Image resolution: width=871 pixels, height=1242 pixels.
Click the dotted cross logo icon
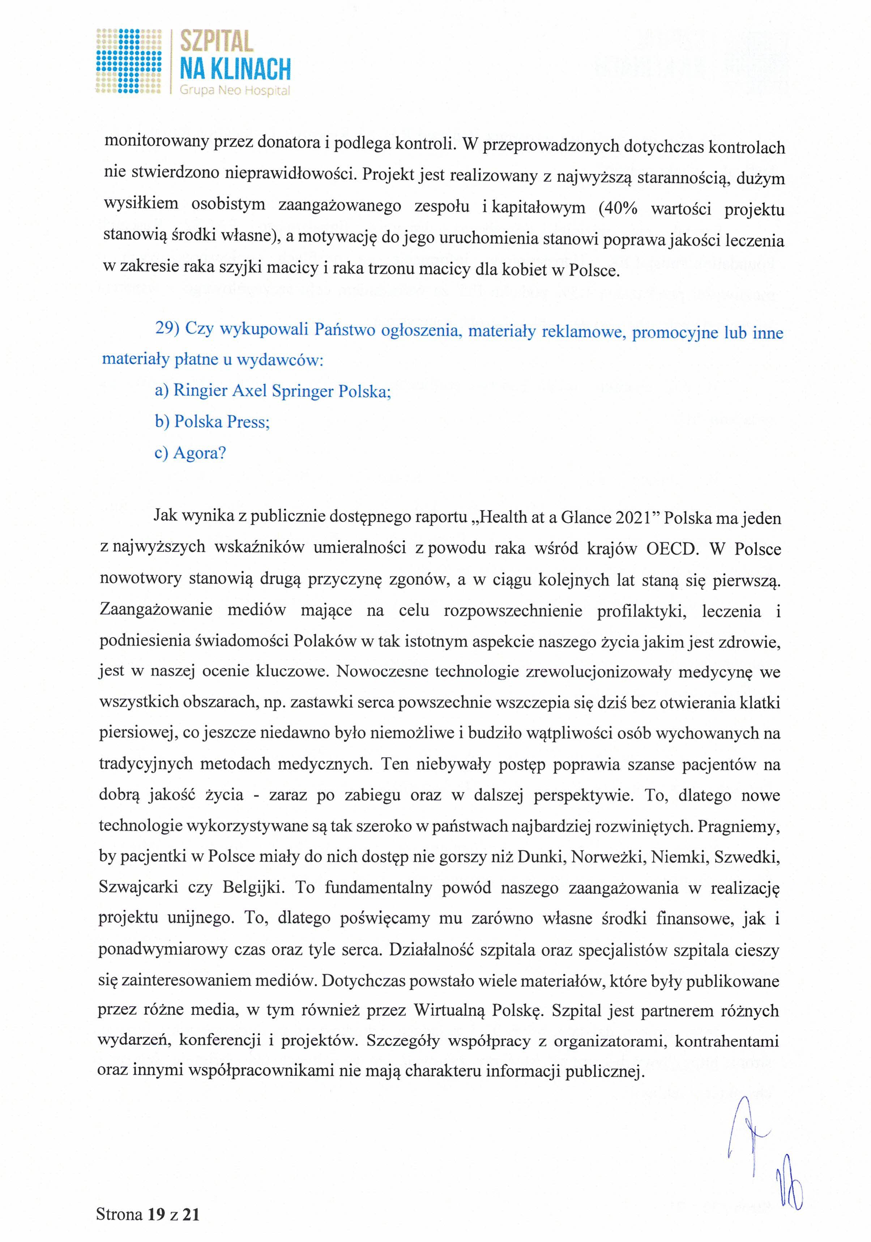tap(129, 61)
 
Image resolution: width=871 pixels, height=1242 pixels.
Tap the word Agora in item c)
tap(196, 453)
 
